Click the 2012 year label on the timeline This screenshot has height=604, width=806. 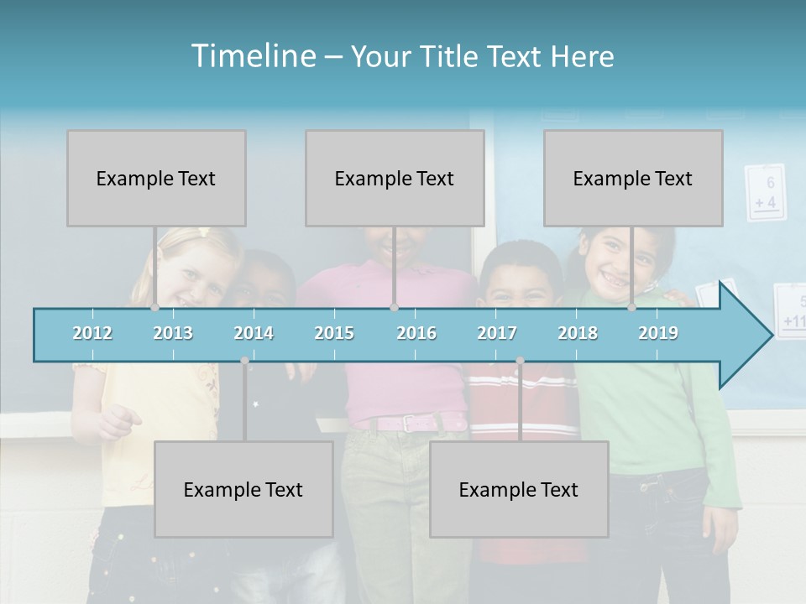(92, 333)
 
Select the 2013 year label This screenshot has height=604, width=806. (173, 333)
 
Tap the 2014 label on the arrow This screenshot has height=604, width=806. (254, 333)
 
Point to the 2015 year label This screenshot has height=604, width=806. (334, 333)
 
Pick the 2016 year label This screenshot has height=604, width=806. (416, 333)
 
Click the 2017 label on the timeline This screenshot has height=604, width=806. (497, 333)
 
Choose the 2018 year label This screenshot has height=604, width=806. (578, 333)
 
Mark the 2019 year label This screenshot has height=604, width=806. (658, 333)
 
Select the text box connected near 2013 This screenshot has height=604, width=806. (156, 178)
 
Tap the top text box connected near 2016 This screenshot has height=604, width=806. (395, 178)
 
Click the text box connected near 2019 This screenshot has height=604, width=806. (633, 178)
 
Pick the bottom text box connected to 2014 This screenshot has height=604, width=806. (243, 489)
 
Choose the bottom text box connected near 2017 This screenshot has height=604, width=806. (519, 489)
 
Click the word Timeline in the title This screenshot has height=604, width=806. (252, 56)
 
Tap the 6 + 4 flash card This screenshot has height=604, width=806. (765, 193)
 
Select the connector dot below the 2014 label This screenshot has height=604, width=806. (244, 361)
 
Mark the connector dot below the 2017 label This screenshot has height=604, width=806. (520, 361)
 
